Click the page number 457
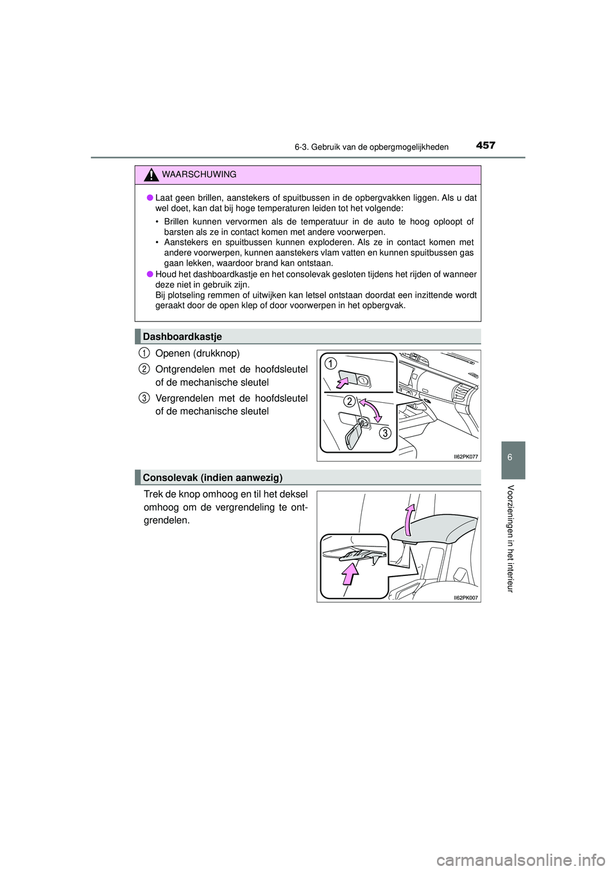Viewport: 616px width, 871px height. [x=486, y=146]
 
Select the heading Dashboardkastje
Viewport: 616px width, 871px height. [x=182, y=337]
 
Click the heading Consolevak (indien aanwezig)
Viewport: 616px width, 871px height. [x=212, y=477]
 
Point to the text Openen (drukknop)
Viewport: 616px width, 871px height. [x=197, y=353]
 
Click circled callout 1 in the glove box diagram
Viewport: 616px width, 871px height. [x=329, y=364]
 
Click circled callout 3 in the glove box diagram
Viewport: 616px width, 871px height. [x=384, y=433]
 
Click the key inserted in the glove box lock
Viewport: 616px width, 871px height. [x=355, y=434]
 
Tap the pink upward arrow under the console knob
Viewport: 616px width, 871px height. [x=349, y=572]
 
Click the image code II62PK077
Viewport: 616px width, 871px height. [x=466, y=456]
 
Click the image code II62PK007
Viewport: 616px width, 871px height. [x=466, y=597]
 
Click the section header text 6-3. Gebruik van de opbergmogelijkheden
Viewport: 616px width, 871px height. [x=372, y=147]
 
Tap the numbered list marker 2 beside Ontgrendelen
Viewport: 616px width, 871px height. [x=145, y=368]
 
